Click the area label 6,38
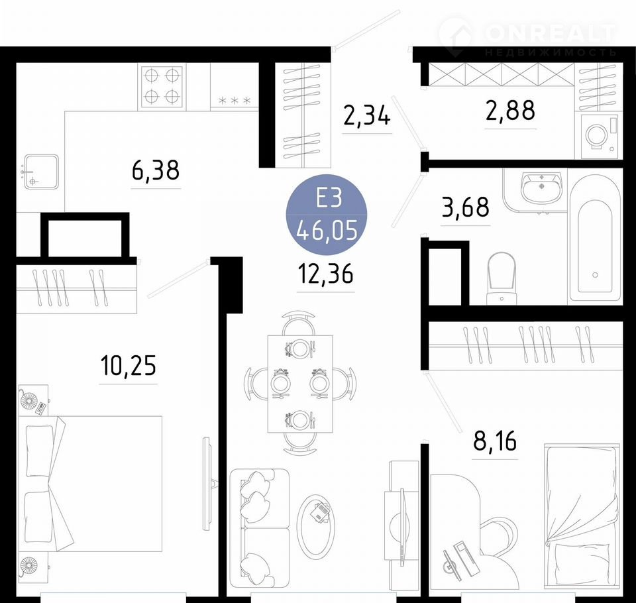tap(156, 170)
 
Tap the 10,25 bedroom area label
tap(128, 365)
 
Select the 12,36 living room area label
tap(326, 273)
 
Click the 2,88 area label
tap(510, 111)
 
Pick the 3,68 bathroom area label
tap(465, 207)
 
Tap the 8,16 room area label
tap(495, 441)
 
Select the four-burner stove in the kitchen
tap(162, 86)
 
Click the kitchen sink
tap(41, 172)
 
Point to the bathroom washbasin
tap(542, 187)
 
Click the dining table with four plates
tap(300, 384)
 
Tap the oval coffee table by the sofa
tap(316, 525)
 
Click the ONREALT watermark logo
tap(527, 36)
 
